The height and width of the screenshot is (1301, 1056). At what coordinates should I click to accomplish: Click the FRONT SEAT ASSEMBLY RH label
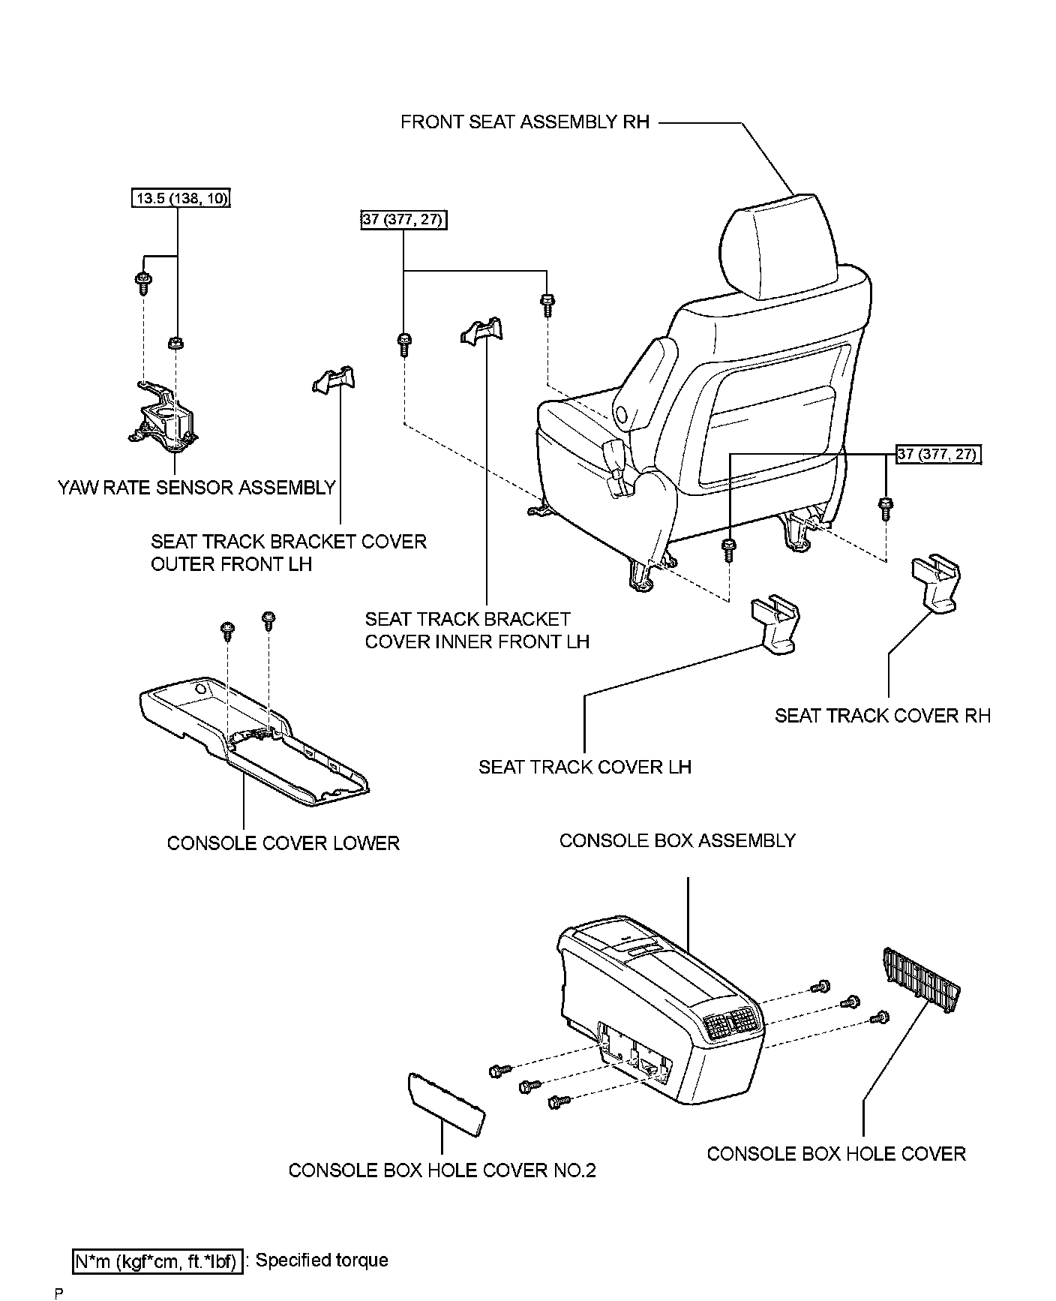tap(524, 122)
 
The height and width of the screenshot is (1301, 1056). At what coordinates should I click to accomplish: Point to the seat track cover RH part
tap(934, 583)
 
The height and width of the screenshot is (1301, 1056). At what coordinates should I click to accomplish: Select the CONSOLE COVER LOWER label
tap(283, 843)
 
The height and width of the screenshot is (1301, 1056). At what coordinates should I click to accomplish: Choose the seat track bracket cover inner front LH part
tap(481, 331)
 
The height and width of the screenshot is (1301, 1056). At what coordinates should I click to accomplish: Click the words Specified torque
tap(322, 1260)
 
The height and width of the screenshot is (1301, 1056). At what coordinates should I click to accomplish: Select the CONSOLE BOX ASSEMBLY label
tap(677, 841)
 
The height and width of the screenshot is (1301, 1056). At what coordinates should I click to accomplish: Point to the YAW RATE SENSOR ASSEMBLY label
tap(196, 488)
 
